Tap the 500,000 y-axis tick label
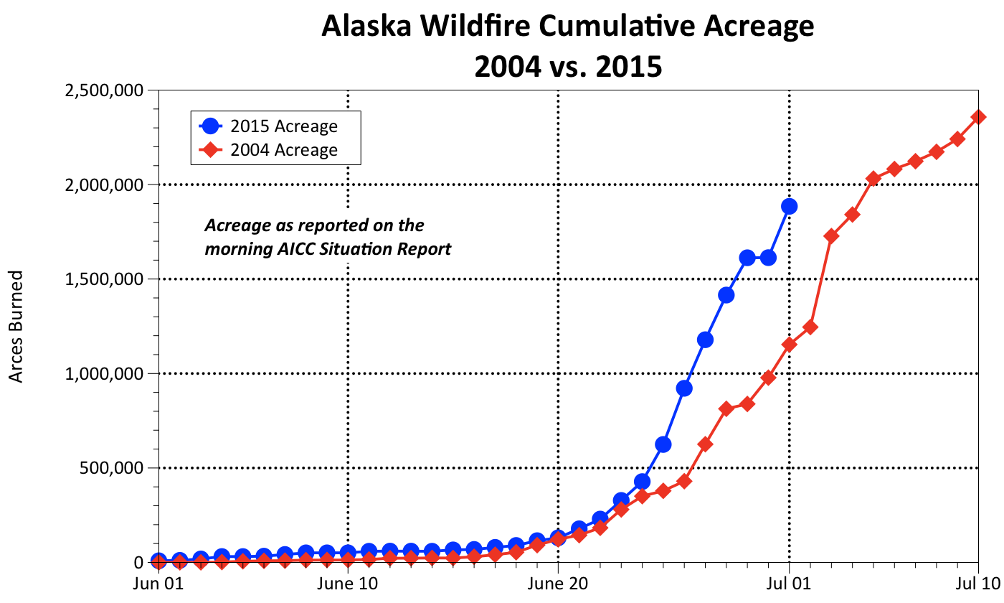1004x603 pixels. pos(116,468)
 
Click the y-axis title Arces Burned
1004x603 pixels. pos(16,326)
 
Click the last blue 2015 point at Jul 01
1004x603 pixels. pos(789,207)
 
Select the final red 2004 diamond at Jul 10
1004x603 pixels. pos(978,117)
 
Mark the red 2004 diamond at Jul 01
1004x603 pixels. pos(789,345)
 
